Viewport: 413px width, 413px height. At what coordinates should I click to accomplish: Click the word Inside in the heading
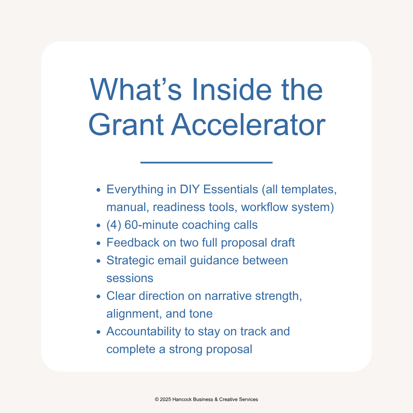[x=232, y=90]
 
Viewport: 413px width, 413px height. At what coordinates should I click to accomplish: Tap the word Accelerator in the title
[x=249, y=125]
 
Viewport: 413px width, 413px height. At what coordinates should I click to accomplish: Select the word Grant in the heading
[x=126, y=125]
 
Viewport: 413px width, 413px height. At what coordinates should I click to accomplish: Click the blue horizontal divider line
[x=206, y=162]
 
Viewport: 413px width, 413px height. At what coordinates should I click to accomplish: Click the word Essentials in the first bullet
[x=230, y=190]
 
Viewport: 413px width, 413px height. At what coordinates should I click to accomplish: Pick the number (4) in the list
[x=114, y=225]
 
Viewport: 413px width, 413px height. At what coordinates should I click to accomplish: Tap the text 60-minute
[x=152, y=225]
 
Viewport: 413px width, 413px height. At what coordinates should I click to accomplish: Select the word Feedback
[x=133, y=242]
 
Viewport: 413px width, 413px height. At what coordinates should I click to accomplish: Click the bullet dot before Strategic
[x=99, y=261]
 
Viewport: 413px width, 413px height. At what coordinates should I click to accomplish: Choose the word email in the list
[x=172, y=261]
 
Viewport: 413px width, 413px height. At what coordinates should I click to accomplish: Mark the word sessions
[x=130, y=278]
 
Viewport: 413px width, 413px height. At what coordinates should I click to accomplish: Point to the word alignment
[x=134, y=314]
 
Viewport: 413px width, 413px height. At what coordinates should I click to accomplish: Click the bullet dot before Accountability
[x=99, y=332]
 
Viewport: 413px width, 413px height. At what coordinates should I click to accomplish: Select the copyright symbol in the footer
[x=157, y=399]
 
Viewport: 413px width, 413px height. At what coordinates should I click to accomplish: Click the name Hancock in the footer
[x=182, y=399]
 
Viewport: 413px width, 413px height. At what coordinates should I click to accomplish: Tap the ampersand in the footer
[x=216, y=399]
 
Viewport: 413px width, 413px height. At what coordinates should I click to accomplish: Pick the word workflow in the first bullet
[x=264, y=207]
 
